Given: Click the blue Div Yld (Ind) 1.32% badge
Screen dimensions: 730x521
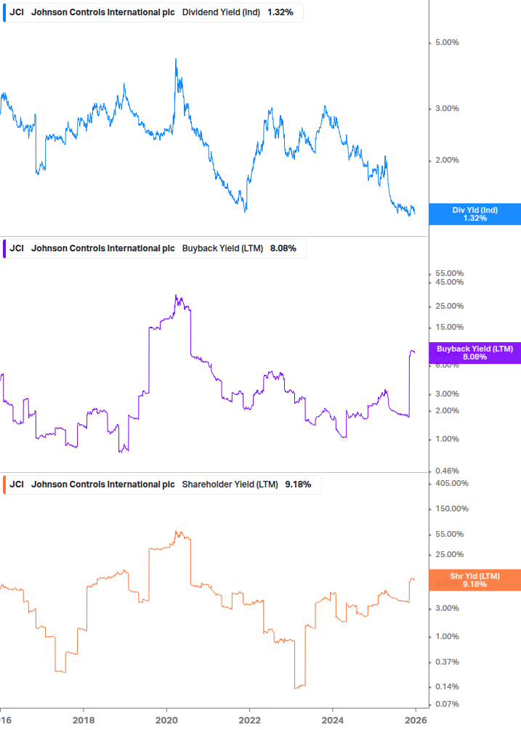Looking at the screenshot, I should click(x=474, y=214).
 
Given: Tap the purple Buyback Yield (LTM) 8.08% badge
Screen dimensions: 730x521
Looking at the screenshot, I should click(x=474, y=353).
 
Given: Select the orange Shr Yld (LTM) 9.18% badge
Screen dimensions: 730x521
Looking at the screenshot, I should click(x=474, y=580).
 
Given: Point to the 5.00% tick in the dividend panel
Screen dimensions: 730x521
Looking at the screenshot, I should click(x=446, y=42).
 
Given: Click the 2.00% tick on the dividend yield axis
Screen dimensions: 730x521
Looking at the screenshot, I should click(x=446, y=160).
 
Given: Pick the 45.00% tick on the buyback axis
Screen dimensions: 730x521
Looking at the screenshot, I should click(x=449, y=282).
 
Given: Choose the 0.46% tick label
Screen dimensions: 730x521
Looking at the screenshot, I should click(x=446, y=471).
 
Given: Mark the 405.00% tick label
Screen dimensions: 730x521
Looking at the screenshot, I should click(x=451, y=483).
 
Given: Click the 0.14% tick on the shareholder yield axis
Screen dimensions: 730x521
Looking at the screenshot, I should click(x=446, y=686).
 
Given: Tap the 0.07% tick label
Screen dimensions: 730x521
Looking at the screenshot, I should click(x=446, y=704).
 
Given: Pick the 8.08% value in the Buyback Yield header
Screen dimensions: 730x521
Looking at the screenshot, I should click(x=283, y=248).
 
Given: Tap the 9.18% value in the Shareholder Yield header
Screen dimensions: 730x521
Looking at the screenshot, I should click(x=298, y=484).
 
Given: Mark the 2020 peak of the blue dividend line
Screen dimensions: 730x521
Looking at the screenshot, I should click(x=177, y=60).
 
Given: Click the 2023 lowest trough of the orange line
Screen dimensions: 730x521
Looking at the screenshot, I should click(x=296, y=687).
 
